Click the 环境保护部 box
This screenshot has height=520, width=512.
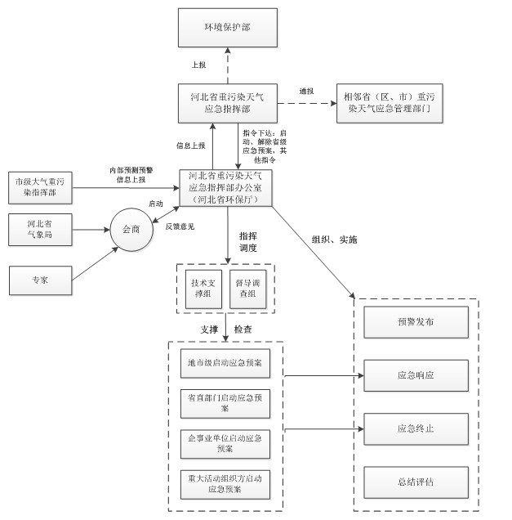227,28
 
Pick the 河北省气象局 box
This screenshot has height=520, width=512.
38,228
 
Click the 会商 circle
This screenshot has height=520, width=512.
132,229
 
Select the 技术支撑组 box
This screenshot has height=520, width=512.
201,288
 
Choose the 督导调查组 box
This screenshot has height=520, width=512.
247,288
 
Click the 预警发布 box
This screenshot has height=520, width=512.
416,322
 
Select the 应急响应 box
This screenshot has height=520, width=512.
416,375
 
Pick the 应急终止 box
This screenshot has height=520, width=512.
416,428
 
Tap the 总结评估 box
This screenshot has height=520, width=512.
416,482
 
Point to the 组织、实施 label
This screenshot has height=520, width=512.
334,240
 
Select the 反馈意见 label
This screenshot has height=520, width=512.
180,226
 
